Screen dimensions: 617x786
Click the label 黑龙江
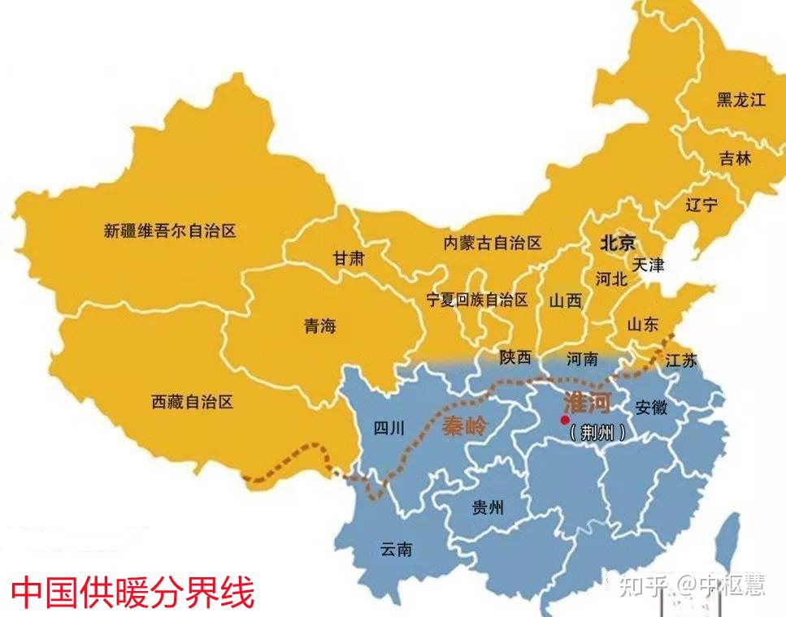point(740,101)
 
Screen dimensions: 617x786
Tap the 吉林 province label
point(735,159)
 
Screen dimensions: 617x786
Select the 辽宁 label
point(701,205)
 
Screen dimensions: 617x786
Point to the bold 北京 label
point(618,243)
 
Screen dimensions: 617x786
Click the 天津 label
point(648,265)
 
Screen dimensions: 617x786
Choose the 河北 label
point(610,279)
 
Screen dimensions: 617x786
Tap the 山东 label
point(642,325)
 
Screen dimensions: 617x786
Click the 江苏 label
point(680,361)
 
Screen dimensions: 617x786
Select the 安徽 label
point(651,407)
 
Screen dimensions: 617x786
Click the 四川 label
point(389,429)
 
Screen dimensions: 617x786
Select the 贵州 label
point(488,508)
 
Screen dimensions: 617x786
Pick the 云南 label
point(396,549)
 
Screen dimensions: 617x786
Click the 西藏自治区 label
point(193,401)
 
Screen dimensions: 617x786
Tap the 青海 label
point(319,326)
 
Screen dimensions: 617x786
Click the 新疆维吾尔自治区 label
point(170,231)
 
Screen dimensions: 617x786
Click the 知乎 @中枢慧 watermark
point(691,585)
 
